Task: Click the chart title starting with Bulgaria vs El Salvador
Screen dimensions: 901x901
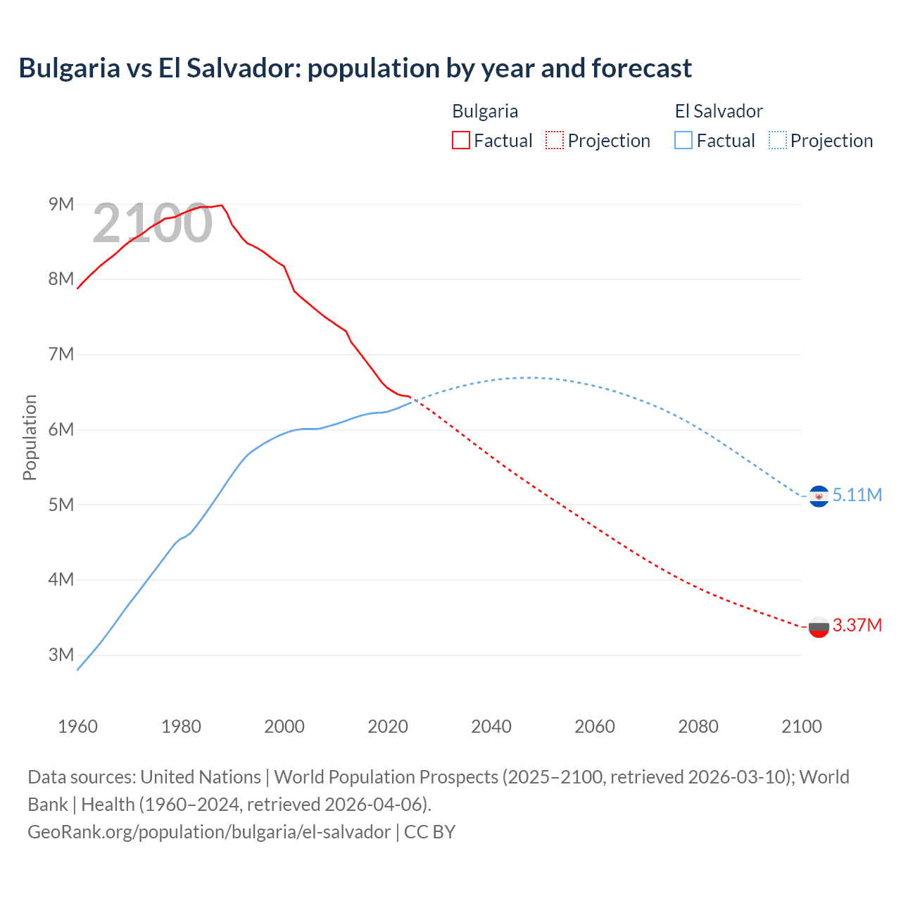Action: click(355, 68)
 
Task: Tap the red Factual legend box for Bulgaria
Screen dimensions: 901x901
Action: click(460, 141)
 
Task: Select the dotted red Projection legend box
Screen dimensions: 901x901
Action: click(555, 141)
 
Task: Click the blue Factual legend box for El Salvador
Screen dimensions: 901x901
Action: click(683, 141)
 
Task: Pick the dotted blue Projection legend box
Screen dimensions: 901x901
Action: click(777, 141)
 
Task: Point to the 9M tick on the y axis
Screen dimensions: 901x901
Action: click(61, 204)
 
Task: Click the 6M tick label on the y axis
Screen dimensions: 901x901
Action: click(61, 429)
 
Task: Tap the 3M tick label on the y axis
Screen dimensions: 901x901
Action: click(61, 655)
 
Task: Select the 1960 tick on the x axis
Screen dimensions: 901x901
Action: click(77, 726)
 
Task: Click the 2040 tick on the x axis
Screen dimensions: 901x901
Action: click(491, 726)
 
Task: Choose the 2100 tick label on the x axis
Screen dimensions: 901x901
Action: click(801, 726)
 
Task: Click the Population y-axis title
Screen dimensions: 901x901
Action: click(30, 437)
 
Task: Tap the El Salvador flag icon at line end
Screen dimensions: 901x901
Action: click(819, 496)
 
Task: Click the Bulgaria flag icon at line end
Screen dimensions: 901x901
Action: click(819, 626)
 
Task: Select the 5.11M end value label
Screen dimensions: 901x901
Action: click(857, 495)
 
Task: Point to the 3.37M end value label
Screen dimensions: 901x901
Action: click(857, 625)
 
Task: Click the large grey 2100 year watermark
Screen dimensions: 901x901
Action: click(152, 223)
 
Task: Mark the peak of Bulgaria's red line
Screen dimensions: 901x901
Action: click(222, 205)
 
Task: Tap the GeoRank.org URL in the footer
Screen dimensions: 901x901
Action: click(209, 832)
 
